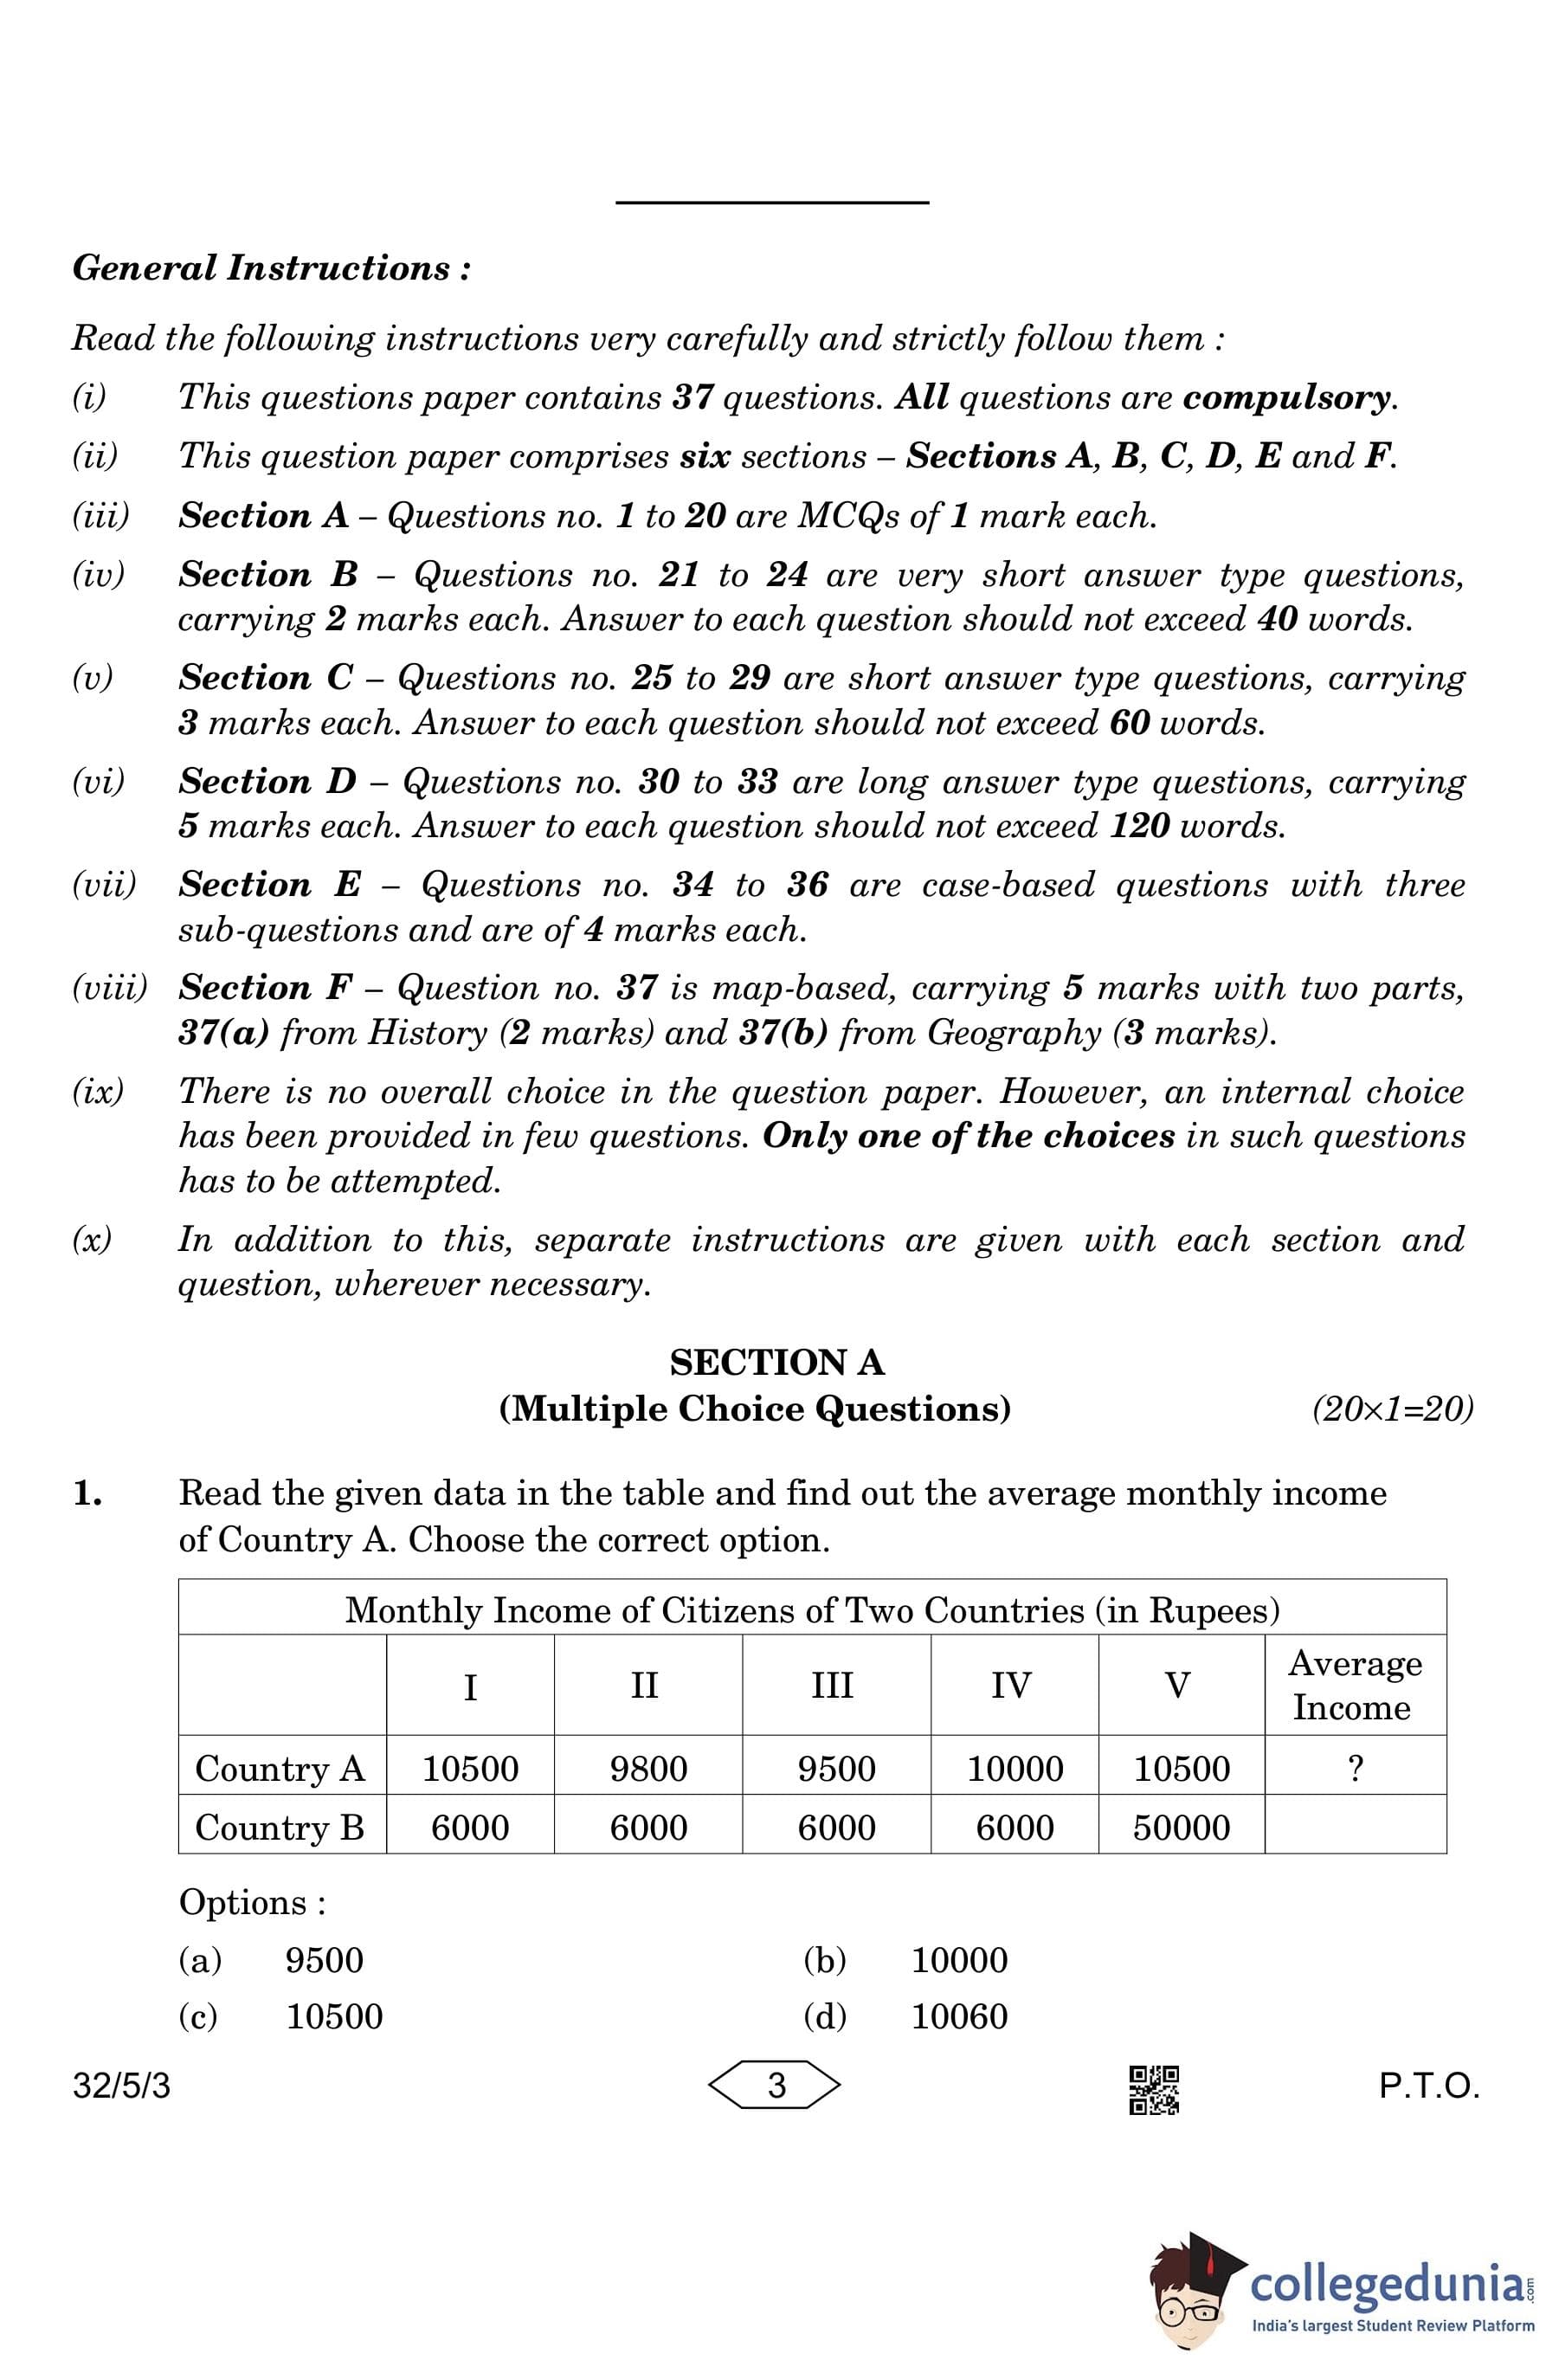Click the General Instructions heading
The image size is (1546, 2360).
tap(271, 268)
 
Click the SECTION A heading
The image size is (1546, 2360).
tap(776, 1363)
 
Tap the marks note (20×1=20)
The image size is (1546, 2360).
tap(1391, 1409)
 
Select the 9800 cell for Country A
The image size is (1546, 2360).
tap(647, 1769)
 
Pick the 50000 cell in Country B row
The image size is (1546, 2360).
tap(1181, 1828)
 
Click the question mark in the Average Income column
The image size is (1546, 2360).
tap(1355, 1768)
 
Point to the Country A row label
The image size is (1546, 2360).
tap(280, 1769)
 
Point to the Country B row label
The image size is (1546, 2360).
tap(280, 1828)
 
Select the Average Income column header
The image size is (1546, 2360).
tap(1355, 1685)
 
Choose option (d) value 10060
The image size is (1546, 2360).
tap(959, 2017)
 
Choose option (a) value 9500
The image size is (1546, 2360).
tap(325, 1960)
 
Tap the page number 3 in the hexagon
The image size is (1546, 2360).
tap(776, 2086)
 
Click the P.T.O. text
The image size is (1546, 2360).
tap(1428, 2086)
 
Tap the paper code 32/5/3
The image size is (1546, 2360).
tap(122, 2086)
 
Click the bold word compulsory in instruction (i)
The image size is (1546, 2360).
tap(1287, 397)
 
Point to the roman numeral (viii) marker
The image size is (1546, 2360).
tap(109, 988)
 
